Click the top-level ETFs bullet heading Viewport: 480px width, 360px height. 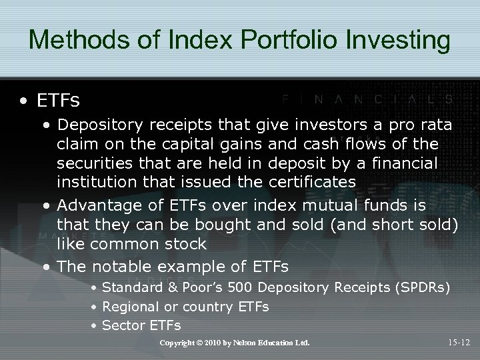click(58, 101)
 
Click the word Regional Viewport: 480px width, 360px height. click(131, 307)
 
